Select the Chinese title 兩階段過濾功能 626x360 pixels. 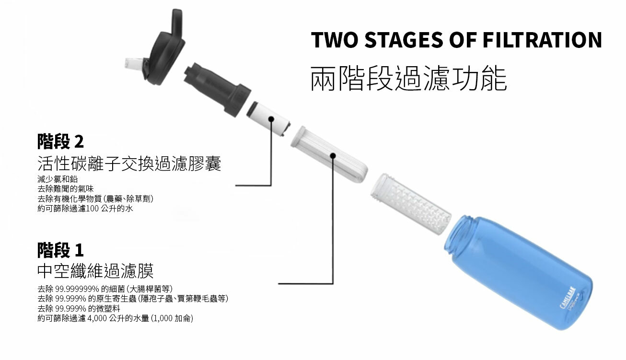click(x=408, y=78)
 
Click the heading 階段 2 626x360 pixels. click(x=60, y=141)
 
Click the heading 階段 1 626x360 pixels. click(x=60, y=250)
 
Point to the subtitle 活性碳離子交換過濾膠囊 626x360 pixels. click(x=129, y=163)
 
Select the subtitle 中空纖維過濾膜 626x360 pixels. click(x=95, y=271)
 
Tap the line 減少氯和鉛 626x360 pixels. click(x=58, y=179)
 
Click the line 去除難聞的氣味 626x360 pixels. click(x=66, y=189)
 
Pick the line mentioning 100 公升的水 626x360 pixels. click(x=85, y=209)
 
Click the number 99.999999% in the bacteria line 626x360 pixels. click(x=77, y=289)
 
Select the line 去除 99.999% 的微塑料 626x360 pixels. click(x=79, y=309)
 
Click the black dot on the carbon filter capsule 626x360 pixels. click(x=271, y=119)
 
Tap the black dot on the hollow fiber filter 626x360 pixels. click(x=333, y=155)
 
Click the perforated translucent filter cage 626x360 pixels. click(x=411, y=204)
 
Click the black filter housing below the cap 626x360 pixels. click(x=218, y=90)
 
